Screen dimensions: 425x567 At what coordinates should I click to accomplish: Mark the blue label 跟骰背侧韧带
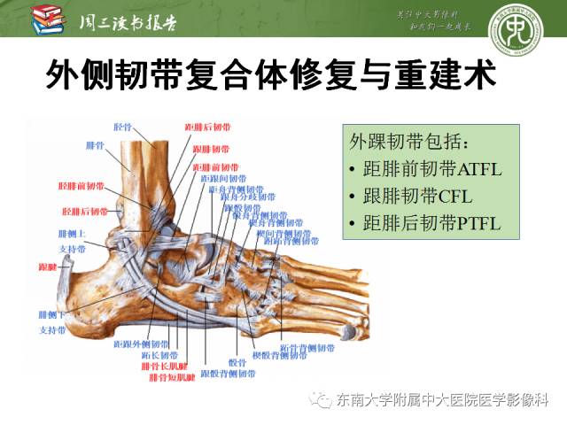pos(223,375)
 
